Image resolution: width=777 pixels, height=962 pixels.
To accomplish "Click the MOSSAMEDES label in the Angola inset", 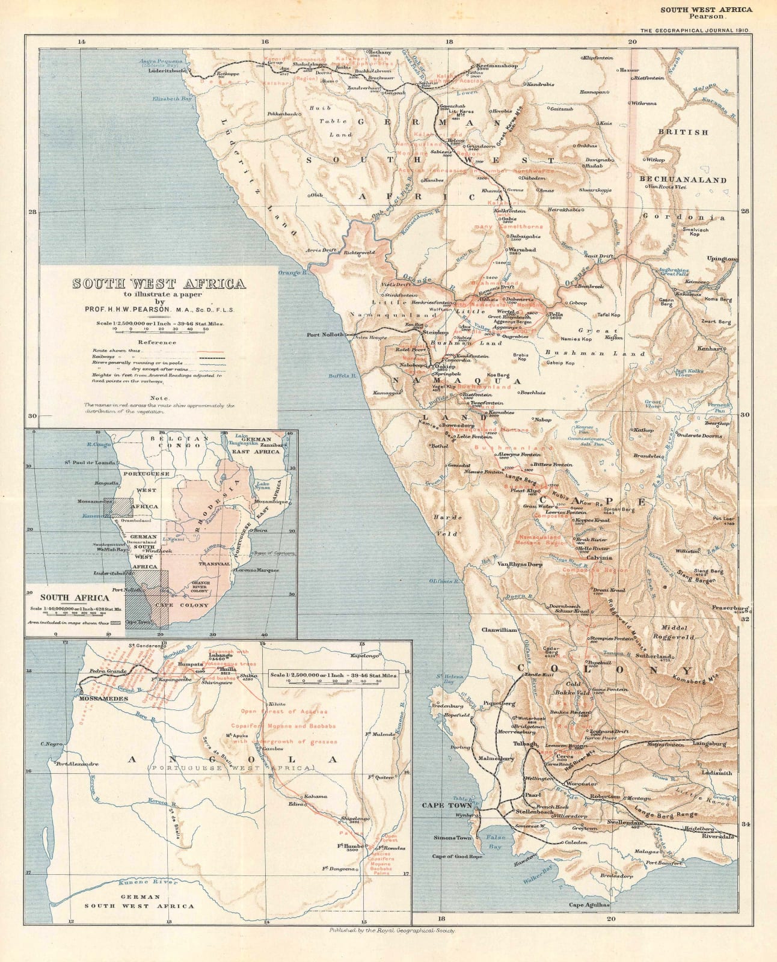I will pyautogui.click(x=100, y=700).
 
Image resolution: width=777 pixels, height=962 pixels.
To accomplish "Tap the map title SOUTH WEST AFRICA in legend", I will pyautogui.click(x=159, y=284).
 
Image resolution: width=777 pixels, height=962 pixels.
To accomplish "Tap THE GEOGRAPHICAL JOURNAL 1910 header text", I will pyautogui.click(x=689, y=30).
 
